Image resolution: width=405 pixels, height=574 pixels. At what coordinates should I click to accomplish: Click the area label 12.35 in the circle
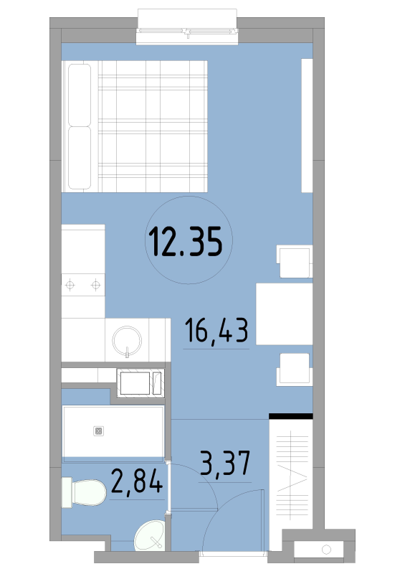click(x=186, y=242)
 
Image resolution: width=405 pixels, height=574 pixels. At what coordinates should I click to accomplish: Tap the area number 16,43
click(x=216, y=330)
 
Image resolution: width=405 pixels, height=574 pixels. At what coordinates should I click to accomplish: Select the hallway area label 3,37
click(x=225, y=463)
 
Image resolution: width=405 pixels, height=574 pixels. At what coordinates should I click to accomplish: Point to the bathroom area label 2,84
click(x=137, y=481)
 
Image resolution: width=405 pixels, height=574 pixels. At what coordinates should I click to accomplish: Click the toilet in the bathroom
click(x=84, y=492)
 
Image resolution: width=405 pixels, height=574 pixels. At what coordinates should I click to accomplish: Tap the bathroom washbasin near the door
click(x=150, y=535)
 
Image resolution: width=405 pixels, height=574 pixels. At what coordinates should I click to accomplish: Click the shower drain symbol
click(x=98, y=431)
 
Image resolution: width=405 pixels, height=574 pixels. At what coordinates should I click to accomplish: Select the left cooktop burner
click(x=70, y=285)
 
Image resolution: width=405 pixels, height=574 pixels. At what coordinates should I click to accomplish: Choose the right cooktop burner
click(x=96, y=285)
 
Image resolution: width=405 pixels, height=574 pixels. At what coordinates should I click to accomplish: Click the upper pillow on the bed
click(x=80, y=95)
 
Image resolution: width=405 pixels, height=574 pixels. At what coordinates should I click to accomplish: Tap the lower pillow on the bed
click(x=80, y=158)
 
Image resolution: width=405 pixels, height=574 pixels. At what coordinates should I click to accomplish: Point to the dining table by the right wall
click(x=285, y=314)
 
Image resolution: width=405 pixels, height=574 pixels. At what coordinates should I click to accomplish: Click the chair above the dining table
click(x=295, y=261)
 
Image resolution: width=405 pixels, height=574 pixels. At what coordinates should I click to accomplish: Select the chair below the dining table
click(x=295, y=370)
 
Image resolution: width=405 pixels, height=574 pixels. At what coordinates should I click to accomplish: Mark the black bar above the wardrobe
click(x=291, y=416)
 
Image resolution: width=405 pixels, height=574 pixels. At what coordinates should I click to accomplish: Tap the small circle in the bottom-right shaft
click(x=326, y=550)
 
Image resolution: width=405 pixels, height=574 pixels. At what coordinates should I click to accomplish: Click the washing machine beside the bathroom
click(x=140, y=383)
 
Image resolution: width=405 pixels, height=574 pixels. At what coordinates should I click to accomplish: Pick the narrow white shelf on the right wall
click(x=307, y=126)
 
